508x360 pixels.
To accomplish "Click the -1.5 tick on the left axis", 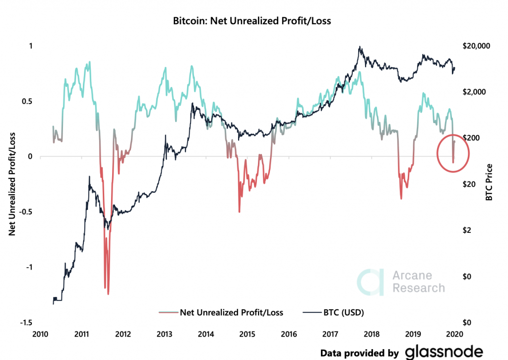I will click(x=26, y=323).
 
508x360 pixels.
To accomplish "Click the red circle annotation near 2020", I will click(x=453, y=153).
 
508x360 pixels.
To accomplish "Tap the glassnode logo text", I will click(x=444, y=352).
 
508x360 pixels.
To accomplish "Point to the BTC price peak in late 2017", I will click(x=359, y=47).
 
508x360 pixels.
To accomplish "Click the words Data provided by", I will click(x=359, y=353).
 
